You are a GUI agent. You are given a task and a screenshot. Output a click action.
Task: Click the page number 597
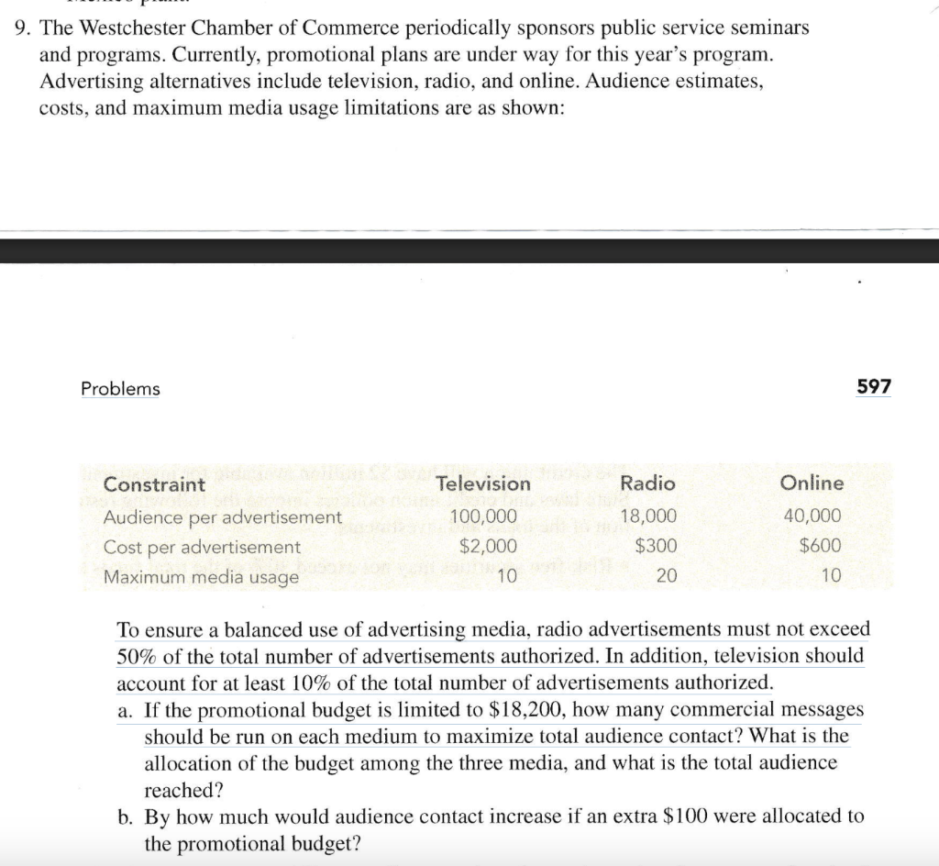point(873,387)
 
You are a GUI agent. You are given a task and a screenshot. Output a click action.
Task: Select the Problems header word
point(120,389)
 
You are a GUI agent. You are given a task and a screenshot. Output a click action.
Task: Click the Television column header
point(483,483)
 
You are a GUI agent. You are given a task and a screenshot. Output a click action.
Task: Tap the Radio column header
point(647,483)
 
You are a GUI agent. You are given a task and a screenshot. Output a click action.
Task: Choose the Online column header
point(812,483)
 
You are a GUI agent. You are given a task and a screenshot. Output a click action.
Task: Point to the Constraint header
point(154,484)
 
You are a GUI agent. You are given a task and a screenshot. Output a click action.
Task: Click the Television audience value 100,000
point(483,516)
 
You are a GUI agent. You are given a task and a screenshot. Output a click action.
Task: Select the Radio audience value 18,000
point(649,516)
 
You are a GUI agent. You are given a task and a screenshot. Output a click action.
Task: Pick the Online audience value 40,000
point(812,516)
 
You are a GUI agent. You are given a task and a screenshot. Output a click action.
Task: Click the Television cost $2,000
point(488,546)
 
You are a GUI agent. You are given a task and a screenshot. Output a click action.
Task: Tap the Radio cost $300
point(657,546)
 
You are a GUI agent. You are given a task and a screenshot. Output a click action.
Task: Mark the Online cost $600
point(820,546)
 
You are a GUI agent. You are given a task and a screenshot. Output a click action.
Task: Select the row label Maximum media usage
point(201,577)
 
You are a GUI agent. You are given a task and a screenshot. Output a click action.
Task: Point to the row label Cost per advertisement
point(202,547)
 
